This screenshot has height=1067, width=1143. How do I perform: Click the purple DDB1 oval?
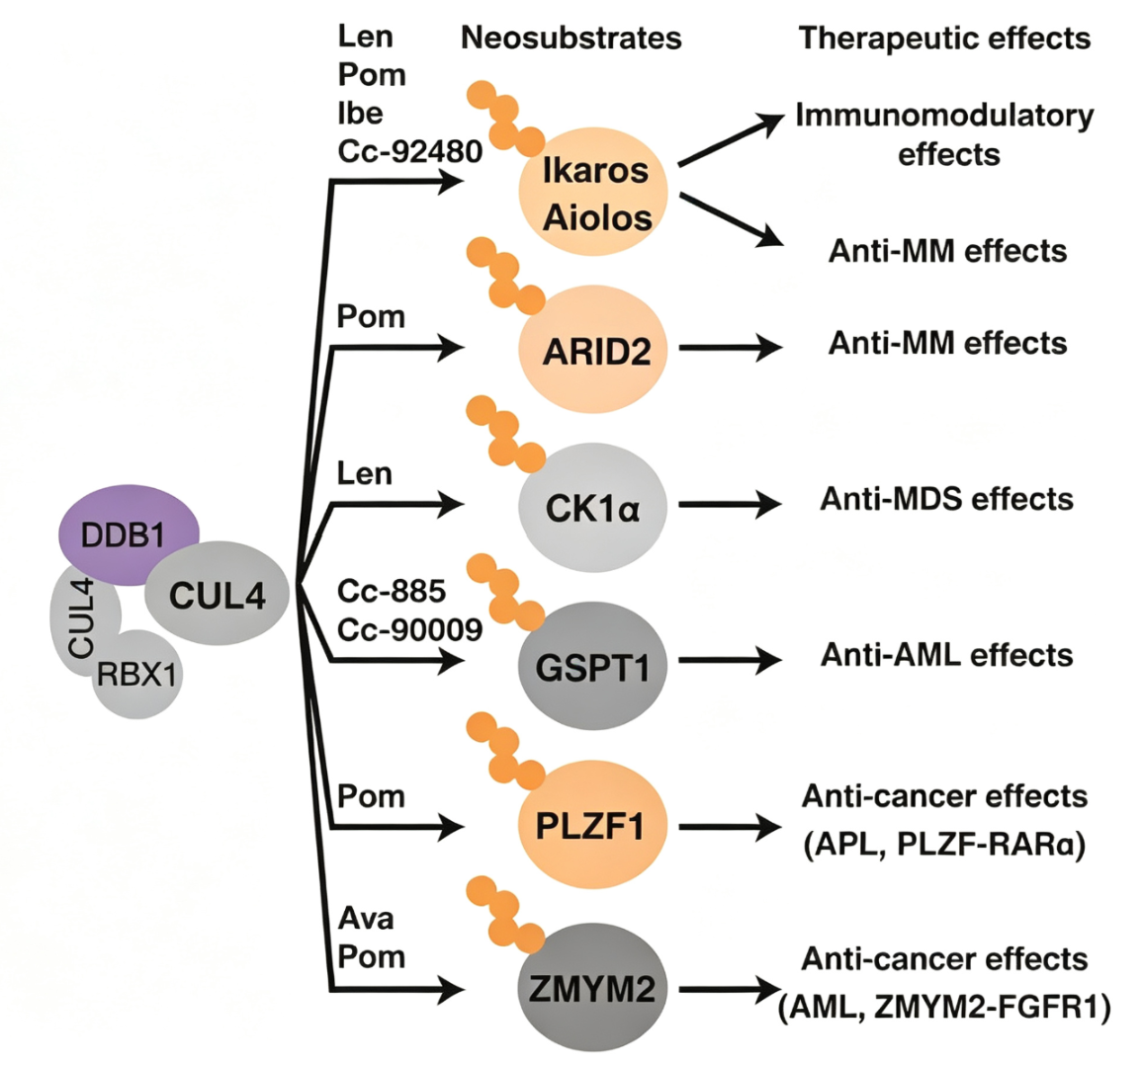[129, 534]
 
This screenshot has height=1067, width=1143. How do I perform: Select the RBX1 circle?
[137, 675]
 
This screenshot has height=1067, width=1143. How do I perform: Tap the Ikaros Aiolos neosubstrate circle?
[593, 193]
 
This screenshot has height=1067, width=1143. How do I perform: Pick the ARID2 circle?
[593, 350]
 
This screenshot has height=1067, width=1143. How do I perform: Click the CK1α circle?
[592, 508]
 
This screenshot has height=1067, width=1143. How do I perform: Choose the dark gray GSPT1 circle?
[592, 666]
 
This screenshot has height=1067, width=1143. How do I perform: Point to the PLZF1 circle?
[592, 825]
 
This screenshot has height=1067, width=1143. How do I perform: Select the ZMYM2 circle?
[592, 988]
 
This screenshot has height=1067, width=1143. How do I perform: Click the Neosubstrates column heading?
[571, 38]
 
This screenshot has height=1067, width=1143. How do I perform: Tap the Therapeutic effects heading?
[944, 38]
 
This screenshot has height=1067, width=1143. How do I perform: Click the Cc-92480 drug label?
[409, 151]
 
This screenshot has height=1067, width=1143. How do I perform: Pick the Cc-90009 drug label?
[409, 630]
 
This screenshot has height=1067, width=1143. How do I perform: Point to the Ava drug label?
[366, 919]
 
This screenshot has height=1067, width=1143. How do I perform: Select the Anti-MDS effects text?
[947, 500]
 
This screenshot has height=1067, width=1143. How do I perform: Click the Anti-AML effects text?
[947, 655]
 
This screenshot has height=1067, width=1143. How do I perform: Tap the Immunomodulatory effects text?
[944, 134]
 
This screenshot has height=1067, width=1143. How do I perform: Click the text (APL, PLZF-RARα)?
[944, 845]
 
